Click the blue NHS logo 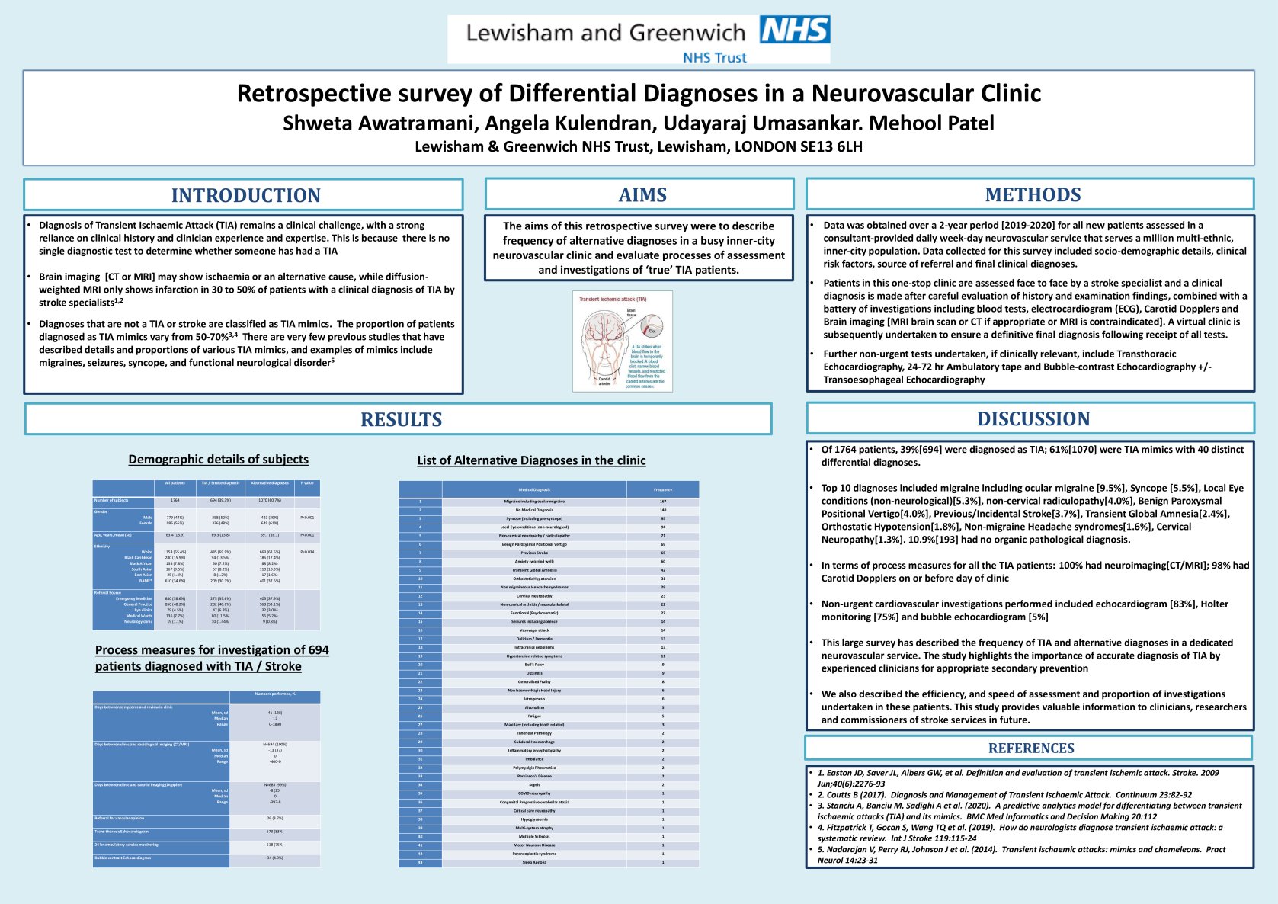coord(795,30)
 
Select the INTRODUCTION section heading coord(245,195)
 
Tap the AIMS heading coord(642,195)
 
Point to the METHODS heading coord(1033,194)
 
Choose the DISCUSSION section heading coord(1033,418)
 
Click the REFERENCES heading coord(1031,748)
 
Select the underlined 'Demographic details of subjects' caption coord(219,459)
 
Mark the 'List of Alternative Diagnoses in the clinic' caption coord(531,460)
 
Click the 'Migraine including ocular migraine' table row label coord(534,502)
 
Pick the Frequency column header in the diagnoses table coord(662,489)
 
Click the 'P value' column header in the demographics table coord(307,483)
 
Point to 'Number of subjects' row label coord(111,500)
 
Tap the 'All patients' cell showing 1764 coord(175,500)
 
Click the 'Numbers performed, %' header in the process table coord(274,694)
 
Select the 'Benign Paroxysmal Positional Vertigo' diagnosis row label coord(534,544)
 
